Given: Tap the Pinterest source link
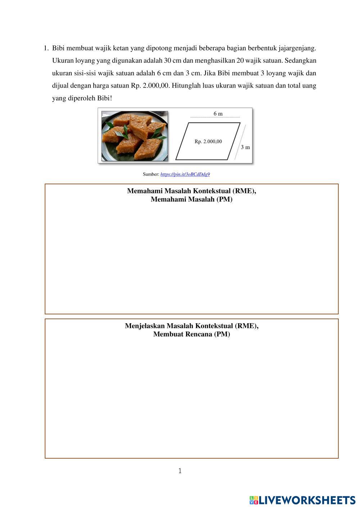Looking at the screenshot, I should tap(185, 174).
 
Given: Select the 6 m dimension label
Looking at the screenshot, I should tap(218, 114).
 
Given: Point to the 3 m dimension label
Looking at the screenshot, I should tap(245, 147).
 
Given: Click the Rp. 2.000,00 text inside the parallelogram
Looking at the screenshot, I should tap(208, 141).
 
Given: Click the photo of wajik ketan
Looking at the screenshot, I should tap(134, 136).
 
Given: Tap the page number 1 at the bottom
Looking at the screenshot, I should tap(180, 471).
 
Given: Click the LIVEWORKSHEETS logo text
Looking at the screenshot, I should tap(307, 500).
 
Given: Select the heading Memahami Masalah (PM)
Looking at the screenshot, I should tap(192, 199).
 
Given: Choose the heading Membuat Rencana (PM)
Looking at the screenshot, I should tap(192, 334).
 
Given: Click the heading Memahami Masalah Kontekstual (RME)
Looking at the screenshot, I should tap(192, 191).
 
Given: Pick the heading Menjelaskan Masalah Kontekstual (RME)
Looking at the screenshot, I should tap(192, 326).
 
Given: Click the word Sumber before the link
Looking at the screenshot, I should tap(150, 174).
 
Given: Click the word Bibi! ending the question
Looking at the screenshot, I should tap(105, 98).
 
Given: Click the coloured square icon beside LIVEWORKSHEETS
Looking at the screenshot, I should tap(254, 500).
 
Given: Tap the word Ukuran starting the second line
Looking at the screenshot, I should tap(63, 60).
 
